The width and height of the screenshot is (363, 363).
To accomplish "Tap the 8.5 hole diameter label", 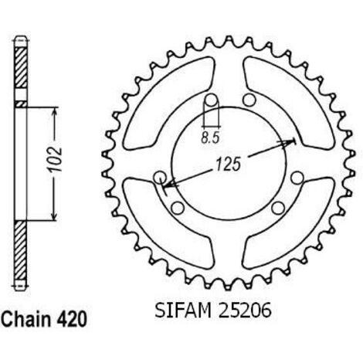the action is point(210,138).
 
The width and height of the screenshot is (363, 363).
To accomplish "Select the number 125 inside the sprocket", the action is point(228,164).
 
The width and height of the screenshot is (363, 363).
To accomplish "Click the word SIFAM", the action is point(183,310).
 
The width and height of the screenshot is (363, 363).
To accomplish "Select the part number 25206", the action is point(245,310).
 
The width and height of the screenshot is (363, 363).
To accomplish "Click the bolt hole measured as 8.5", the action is point(212,100).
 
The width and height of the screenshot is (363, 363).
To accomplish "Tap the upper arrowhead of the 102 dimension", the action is point(55,112).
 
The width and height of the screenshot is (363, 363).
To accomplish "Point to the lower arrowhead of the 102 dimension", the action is point(54,215).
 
